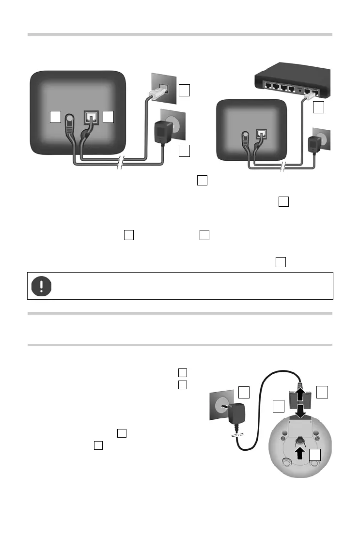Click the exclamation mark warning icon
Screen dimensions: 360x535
41,286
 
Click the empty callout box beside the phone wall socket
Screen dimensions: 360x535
184,90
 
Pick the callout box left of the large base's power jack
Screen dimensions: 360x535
56,117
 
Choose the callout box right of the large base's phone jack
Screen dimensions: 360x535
109,117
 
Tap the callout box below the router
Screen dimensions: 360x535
318,107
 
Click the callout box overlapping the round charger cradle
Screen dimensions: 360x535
316,454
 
